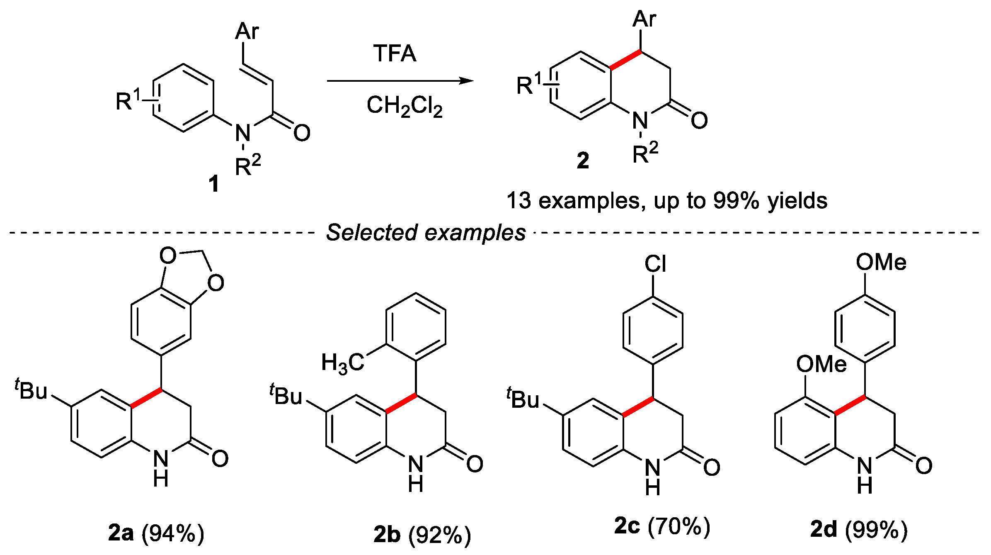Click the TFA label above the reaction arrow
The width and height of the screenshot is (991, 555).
point(395,54)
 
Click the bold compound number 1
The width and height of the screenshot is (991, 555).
point(214,184)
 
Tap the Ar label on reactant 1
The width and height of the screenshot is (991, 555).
point(247,32)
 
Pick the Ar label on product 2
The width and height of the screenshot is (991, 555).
point(645,19)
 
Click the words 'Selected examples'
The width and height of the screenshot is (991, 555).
point(426,233)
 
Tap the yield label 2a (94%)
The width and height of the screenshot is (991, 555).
point(156,533)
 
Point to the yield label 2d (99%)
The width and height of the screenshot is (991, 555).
point(859,530)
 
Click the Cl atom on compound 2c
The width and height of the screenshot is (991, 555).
point(655,264)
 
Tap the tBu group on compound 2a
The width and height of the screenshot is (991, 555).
point(32,390)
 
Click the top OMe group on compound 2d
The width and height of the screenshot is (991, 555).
point(881,263)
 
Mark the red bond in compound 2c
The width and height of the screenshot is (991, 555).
point(638,407)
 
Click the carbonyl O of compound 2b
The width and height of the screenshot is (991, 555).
point(475,464)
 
